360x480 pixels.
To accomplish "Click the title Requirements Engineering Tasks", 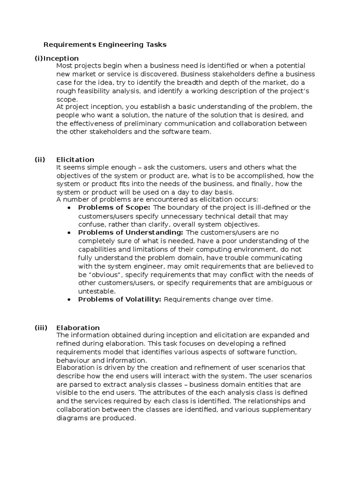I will click(x=105, y=45).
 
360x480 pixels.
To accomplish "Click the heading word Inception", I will click(x=61, y=58).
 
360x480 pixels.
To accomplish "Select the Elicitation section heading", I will click(x=75, y=159).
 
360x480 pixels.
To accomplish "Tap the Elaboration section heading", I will click(x=78, y=328).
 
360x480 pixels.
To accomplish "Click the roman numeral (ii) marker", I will click(x=39, y=159).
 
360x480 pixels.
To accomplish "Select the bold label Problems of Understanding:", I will click(x=130, y=232).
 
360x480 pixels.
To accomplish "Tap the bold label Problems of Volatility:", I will click(x=120, y=300).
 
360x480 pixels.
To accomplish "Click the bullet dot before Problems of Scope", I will click(x=69, y=208).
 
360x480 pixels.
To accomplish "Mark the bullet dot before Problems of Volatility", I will click(x=69, y=300).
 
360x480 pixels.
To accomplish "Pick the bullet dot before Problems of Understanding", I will click(x=69, y=232).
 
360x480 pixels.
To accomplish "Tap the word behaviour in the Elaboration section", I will click(x=73, y=360).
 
